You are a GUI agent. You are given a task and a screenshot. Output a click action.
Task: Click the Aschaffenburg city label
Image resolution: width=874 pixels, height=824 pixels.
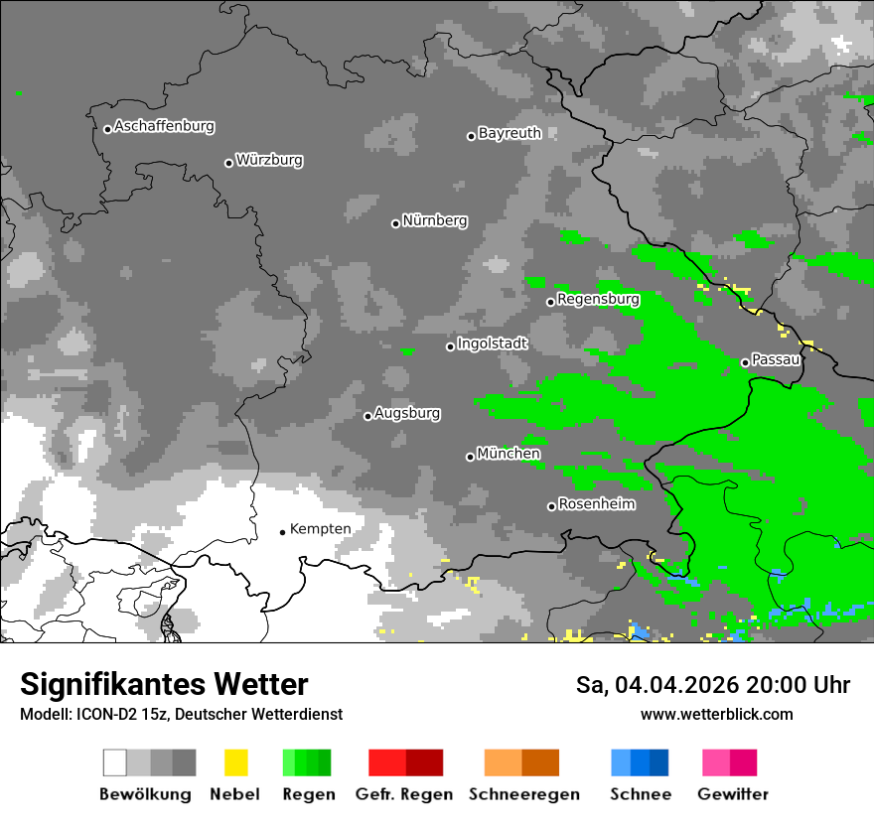pyautogui.click(x=164, y=127)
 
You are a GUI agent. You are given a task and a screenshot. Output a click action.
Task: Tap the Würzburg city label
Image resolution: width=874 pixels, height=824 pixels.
pyautogui.click(x=269, y=160)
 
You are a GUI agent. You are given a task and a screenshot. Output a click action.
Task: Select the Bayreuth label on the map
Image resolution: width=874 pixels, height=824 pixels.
pyautogui.click(x=510, y=133)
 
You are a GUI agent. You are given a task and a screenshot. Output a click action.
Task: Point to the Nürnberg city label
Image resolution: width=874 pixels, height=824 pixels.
pyautogui.click(x=434, y=220)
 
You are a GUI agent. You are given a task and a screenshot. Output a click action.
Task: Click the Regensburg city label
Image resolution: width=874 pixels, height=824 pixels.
pyautogui.click(x=598, y=299)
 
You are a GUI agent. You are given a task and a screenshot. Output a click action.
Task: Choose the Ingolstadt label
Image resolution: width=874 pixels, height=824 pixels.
pyautogui.click(x=493, y=343)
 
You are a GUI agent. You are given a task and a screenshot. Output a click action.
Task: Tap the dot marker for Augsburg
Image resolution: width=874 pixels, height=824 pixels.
pyautogui.click(x=367, y=416)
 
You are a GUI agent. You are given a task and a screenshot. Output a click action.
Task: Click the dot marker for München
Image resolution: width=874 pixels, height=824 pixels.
pyautogui.click(x=470, y=457)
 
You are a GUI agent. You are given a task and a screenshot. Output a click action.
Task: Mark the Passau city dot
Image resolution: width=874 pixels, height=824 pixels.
pyautogui.click(x=745, y=362)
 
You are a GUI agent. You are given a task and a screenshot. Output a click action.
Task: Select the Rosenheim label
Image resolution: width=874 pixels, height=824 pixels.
pyautogui.click(x=597, y=504)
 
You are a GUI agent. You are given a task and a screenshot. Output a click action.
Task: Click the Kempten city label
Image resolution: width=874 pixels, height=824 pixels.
pyautogui.click(x=320, y=529)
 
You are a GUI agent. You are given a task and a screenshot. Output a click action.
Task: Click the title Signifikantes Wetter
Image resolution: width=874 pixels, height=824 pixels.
pyautogui.click(x=164, y=685)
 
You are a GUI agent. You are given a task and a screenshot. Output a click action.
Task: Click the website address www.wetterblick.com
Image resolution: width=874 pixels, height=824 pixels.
pyautogui.click(x=716, y=715)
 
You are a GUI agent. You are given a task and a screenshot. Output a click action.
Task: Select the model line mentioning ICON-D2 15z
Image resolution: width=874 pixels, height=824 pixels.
pyautogui.click(x=181, y=715)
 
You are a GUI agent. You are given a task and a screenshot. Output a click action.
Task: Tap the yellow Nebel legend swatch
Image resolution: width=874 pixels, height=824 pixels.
pyautogui.click(x=235, y=762)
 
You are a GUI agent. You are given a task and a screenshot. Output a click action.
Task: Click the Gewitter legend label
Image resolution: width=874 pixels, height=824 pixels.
pyautogui.click(x=733, y=794)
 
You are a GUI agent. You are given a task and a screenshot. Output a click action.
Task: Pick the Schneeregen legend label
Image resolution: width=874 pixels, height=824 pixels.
pyautogui.click(x=523, y=794)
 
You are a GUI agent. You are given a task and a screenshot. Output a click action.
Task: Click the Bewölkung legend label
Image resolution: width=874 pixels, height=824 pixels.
pyautogui.click(x=145, y=794)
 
